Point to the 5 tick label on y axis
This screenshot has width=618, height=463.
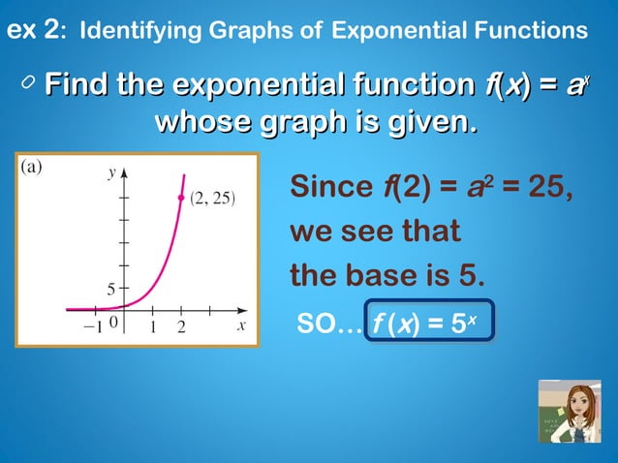click(111, 288)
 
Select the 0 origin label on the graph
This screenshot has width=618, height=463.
click(113, 324)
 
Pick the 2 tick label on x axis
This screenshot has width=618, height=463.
click(181, 326)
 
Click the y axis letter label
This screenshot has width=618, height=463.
click(111, 172)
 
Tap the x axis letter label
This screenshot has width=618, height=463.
click(241, 325)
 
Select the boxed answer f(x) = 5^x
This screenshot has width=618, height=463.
click(430, 324)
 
